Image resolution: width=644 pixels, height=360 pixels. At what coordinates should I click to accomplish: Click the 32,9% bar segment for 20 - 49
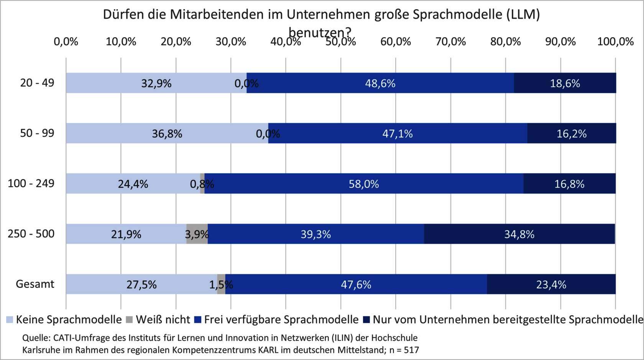pyautogui.click(x=156, y=83)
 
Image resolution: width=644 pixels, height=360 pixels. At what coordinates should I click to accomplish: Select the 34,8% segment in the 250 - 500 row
pyautogui.click(x=519, y=234)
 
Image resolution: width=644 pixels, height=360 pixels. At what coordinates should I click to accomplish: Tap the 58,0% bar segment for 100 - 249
pyautogui.click(x=363, y=184)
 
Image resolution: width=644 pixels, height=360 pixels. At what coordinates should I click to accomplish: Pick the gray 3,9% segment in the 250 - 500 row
pyautogui.click(x=197, y=234)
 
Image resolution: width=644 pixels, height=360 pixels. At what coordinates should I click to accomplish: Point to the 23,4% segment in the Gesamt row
pyautogui.click(x=551, y=284)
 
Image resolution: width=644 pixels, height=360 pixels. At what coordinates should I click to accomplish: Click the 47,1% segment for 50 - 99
pyautogui.click(x=398, y=133)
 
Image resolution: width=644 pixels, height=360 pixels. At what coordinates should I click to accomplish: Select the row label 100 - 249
pyautogui.click(x=31, y=184)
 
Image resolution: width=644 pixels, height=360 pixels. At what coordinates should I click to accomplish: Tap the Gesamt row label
pyautogui.click(x=35, y=284)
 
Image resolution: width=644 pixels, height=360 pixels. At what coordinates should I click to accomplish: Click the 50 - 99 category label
pyautogui.click(x=37, y=133)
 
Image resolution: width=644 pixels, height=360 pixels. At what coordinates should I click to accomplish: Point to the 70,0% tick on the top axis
pyautogui.click(x=450, y=42)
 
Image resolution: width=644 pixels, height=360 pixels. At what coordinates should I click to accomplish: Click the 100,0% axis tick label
pyautogui.click(x=615, y=42)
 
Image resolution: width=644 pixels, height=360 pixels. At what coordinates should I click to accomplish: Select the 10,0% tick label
pyautogui.click(x=121, y=42)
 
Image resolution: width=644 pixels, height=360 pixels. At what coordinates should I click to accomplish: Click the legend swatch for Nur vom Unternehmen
pyautogui.click(x=366, y=319)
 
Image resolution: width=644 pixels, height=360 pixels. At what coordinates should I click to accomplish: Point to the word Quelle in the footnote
pyautogui.click(x=36, y=338)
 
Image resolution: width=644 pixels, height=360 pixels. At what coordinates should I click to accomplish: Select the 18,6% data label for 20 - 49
pyautogui.click(x=565, y=83)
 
